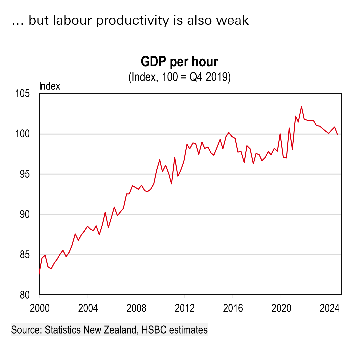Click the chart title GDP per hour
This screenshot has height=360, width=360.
(179, 62)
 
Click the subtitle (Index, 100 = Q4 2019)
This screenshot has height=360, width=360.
(179, 77)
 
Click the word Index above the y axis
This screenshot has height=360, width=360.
(50, 86)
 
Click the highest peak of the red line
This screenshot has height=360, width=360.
(301, 107)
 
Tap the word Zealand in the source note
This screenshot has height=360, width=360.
(121, 330)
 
